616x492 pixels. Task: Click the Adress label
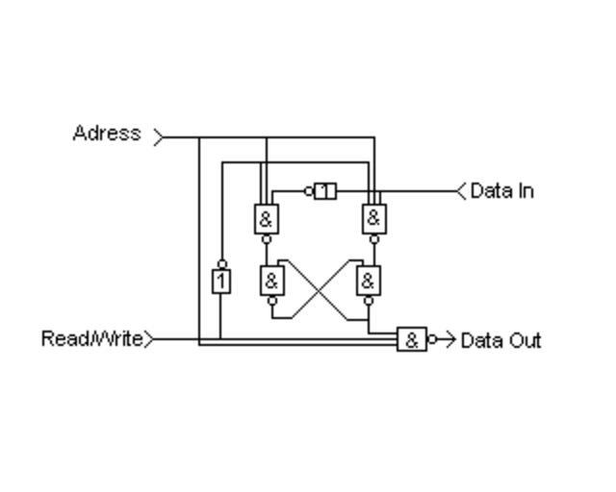(x=106, y=134)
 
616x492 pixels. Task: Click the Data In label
(x=501, y=191)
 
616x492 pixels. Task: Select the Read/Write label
(x=92, y=338)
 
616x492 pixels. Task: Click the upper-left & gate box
(x=267, y=219)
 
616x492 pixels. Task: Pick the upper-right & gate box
(x=374, y=219)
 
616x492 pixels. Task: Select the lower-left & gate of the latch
(x=272, y=282)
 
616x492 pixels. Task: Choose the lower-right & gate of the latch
(x=369, y=282)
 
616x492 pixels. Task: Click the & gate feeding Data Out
(x=412, y=339)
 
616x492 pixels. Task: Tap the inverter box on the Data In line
(x=325, y=191)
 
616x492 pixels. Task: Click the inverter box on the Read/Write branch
(x=221, y=281)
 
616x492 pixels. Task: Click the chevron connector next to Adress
(x=159, y=137)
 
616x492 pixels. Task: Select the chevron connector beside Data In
(x=461, y=191)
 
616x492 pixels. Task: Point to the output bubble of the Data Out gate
(x=432, y=339)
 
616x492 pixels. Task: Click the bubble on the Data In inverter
(x=309, y=191)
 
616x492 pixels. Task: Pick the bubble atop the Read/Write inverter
(x=221, y=263)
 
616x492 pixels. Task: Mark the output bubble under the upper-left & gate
(x=267, y=239)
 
